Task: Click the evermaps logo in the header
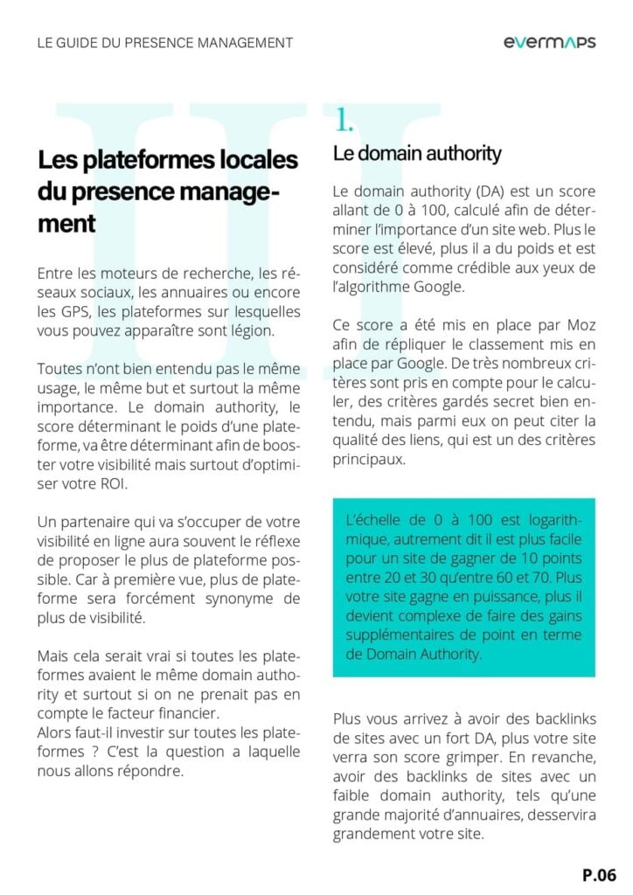[x=550, y=42]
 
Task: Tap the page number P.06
[x=600, y=873]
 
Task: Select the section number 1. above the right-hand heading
[x=343, y=121]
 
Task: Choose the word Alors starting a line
[x=57, y=732]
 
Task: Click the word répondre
[x=153, y=771]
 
